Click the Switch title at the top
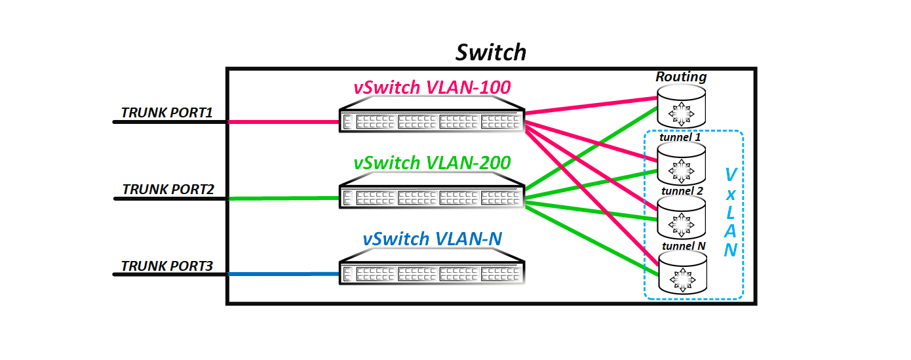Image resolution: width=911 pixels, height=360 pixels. [x=491, y=52]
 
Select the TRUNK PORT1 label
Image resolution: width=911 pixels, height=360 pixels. [x=167, y=113]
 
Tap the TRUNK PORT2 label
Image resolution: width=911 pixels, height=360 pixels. [x=168, y=189]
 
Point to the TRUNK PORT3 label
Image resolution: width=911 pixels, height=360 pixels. [x=167, y=266]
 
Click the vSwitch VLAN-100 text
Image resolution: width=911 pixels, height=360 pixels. [x=432, y=87]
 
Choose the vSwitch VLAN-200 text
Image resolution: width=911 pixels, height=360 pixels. [x=432, y=163]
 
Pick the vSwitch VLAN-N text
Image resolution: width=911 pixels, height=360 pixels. [x=432, y=239]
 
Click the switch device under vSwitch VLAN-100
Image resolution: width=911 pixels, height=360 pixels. [x=432, y=121]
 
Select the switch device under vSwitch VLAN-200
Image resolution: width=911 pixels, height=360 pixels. [x=432, y=197]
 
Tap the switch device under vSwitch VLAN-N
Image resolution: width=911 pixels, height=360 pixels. [x=432, y=272]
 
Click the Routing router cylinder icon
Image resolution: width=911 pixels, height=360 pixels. [x=682, y=109]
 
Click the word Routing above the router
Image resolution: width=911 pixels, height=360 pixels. [x=682, y=77]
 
